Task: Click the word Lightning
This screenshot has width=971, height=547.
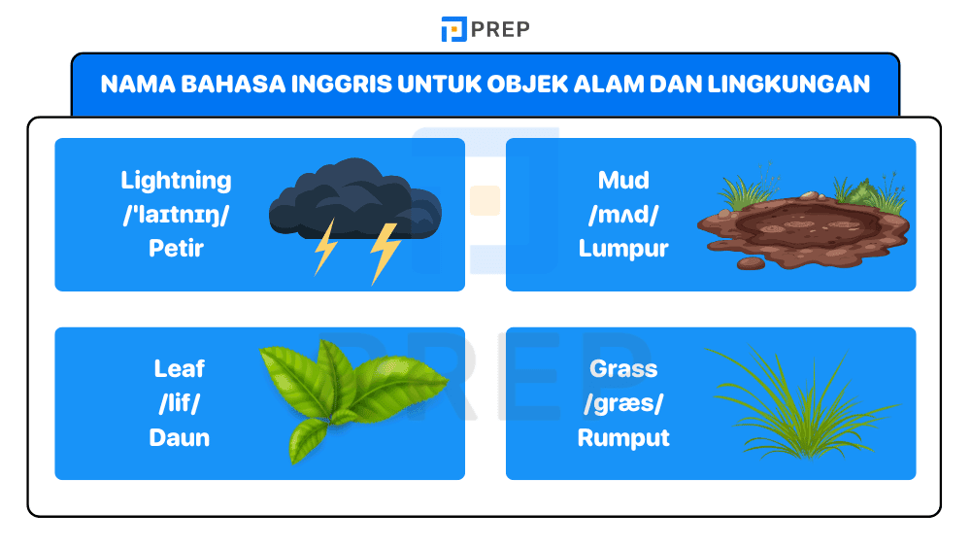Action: pyautogui.click(x=176, y=181)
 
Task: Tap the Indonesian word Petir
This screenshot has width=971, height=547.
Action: pyautogui.click(x=176, y=249)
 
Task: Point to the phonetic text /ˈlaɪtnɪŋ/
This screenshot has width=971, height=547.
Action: pyautogui.click(x=176, y=215)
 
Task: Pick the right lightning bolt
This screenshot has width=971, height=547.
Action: pyautogui.click(x=385, y=252)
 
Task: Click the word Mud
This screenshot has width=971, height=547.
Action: pyautogui.click(x=623, y=181)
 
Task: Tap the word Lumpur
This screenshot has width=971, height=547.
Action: pyautogui.click(x=623, y=249)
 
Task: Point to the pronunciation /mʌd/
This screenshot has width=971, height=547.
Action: pyautogui.click(x=623, y=215)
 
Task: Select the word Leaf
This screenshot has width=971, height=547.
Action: pyautogui.click(x=180, y=369)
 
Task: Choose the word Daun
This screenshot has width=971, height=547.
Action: pyautogui.click(x=180, y=438)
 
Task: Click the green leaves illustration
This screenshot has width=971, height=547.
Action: pyautogui.click(x=345, y=393)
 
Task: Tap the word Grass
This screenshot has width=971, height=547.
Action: pyautogui.click(x=623, y=369)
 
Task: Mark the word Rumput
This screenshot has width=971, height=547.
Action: pyautogui.click(x=623, y=438)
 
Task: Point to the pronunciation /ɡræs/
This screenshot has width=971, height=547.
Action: pyautogui.click(x=623, y=403)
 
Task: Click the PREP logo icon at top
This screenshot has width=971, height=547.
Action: pyautogui.click(x=453, y=29)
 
